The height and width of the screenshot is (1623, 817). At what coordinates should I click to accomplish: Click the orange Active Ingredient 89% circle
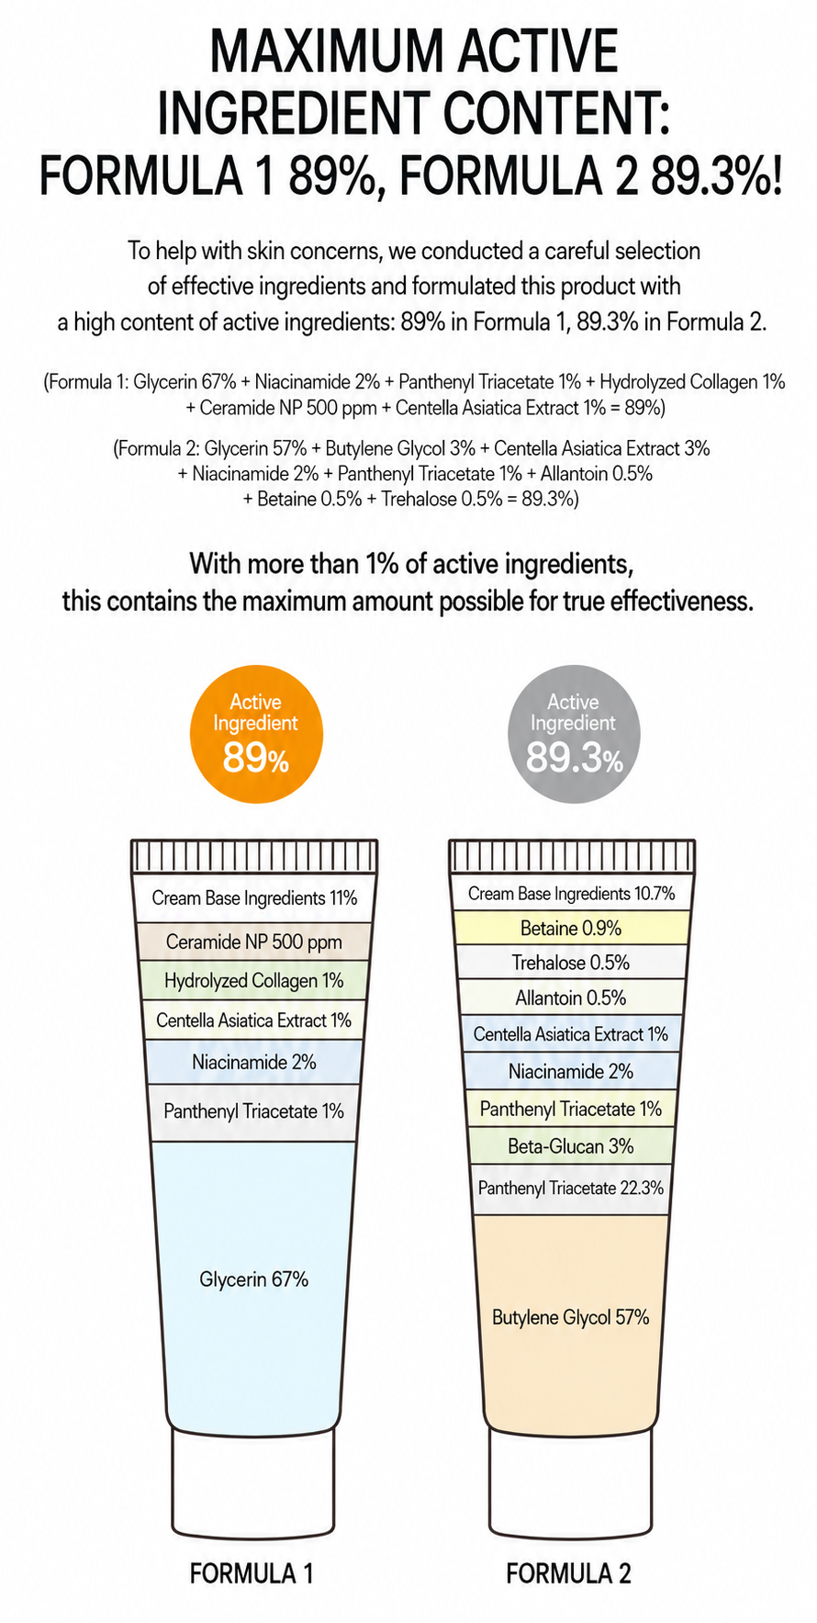click(x=256, y=734)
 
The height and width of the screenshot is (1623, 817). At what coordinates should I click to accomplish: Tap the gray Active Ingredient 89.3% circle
click(x=574, y=734)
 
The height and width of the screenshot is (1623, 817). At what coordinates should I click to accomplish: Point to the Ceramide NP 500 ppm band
click(x=254, y=941)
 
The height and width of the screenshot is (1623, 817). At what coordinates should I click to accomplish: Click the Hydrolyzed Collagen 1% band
click(x=254, y=981)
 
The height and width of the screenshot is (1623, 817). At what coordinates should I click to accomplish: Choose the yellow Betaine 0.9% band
click(x=570, y=929)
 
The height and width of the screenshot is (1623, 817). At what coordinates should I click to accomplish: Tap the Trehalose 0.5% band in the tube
click(x=570, y=963)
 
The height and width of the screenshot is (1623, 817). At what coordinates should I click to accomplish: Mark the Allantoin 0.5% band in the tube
click(x=570, y=997)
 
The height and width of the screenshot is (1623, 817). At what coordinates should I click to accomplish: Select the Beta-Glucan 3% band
click(x=570, y=1146)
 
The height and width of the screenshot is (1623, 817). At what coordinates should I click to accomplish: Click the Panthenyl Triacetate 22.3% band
click(x=570, y=1189)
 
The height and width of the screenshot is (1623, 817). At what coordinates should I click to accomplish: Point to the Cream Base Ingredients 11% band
click(x=254, y=898)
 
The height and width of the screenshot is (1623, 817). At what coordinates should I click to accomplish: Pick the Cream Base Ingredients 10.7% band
click(x=571, y=893)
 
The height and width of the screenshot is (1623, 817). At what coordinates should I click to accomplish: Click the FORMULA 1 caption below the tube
click(x=252, y=1573)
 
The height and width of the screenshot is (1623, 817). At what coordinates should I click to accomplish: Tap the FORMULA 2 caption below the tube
click(x=569, y=1573)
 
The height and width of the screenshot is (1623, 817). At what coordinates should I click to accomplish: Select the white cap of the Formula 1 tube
click(x=253, y=1483)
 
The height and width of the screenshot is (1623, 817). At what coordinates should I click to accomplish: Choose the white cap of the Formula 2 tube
click(x=570, y=1483)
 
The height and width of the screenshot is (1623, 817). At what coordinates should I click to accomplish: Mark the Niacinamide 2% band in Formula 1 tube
click(x=254, y=1063)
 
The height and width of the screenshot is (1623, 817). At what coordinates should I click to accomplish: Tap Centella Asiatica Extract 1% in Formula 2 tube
click(x=570, y=1034)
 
